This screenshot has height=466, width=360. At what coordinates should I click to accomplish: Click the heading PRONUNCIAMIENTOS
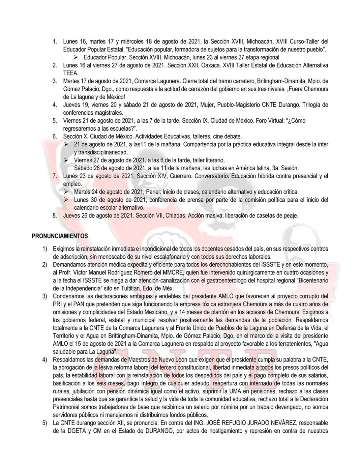coord(60,236)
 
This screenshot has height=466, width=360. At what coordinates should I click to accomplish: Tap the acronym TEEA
coord(70,73)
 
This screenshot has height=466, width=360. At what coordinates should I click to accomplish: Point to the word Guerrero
coord(180,176)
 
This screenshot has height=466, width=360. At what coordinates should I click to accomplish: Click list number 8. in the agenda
coord(55,215)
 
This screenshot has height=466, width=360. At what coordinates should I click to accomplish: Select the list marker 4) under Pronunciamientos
coord(44,360)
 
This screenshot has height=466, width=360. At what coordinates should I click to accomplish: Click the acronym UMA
coord(236,391)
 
